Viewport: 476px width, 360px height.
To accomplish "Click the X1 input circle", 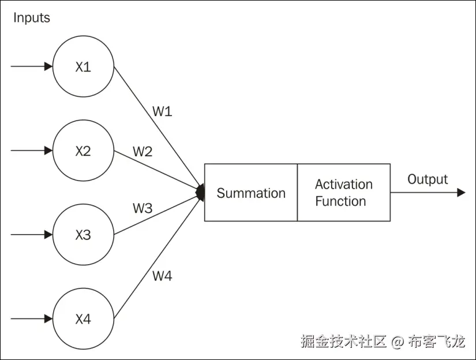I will [83, 67].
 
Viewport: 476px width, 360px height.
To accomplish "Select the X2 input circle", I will [83, 151].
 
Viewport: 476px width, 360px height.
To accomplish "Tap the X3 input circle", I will [83, 235].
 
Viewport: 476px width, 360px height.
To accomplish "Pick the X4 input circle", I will [83, 319].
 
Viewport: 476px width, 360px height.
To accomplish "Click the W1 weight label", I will [162, 111].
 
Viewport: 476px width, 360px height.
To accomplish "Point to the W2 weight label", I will [143, 152].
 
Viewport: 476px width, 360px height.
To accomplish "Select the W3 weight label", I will [143, 208].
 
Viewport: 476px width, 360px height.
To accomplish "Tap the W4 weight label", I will [162, 276].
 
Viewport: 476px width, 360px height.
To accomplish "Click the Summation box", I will [251, 193].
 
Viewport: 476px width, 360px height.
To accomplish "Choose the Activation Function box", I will [344, 193].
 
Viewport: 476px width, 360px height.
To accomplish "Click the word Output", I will [428, 179].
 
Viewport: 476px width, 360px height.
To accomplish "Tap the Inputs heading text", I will [32, 18].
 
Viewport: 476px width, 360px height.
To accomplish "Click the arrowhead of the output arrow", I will [460, 193].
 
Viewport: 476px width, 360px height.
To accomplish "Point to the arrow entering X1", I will [32, 66].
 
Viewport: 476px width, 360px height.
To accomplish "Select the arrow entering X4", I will [32, 318].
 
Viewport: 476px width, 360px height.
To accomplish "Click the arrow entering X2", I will [32, 151].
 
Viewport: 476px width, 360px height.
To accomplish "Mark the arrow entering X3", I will [32, 235].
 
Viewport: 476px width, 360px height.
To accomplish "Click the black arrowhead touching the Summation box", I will [201, 193].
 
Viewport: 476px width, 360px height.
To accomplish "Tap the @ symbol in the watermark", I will [397, 342].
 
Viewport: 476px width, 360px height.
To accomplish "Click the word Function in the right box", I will [340, 201].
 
